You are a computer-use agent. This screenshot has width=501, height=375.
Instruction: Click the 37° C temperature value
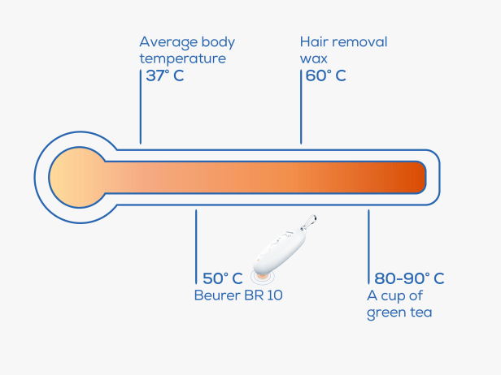165,76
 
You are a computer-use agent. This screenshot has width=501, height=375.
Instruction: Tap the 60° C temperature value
325,76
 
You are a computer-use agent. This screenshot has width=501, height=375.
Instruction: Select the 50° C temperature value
223,278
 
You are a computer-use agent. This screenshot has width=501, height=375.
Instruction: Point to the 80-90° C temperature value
409,278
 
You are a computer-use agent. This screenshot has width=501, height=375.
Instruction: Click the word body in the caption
219,42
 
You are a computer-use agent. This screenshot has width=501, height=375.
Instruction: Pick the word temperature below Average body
183,58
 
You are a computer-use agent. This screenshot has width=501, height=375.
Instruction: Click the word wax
314,59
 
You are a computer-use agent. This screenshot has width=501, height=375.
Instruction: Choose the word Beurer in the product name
217,295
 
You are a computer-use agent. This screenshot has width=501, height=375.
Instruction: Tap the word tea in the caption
421,312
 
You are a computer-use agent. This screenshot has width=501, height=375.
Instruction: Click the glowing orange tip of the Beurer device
263,276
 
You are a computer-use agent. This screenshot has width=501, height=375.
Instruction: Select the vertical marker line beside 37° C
141,107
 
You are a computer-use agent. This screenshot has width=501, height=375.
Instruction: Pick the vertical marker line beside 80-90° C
368,247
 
